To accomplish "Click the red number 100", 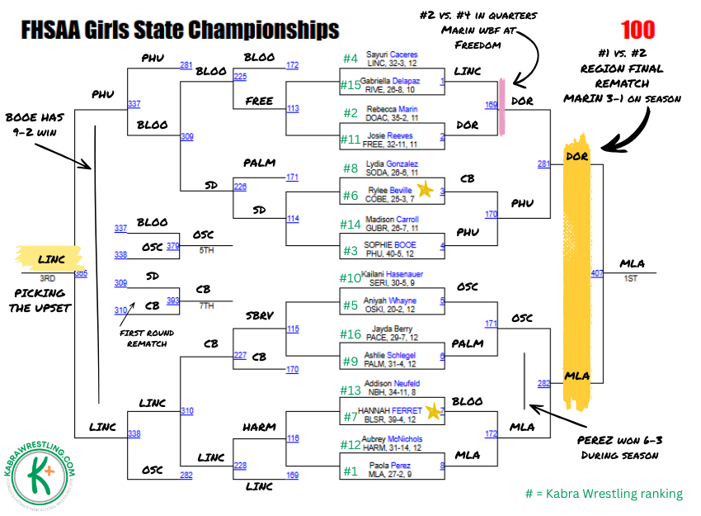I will pyautogui.click(x=637, y=31).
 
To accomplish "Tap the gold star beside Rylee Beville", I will pyautogui.click(x=426, y=190).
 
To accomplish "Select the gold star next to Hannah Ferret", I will pyautogui.click(x=434, y=410).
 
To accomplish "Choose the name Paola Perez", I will pyautogui.click(x=390, y=466).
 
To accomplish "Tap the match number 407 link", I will pyautogui.click(x=597, y=272).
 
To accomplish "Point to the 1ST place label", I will pyautogui.click(x=629, y=279).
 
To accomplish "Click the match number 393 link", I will pyautogui.click(x=173, y=301).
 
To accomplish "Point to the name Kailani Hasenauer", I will pyautogui.click(x=391, y=274).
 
